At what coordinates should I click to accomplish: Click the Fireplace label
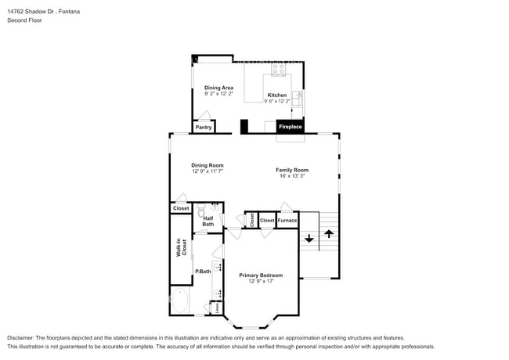pyautogui.click(x=290, y=126)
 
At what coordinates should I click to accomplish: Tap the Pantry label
pyautogui.click(x=203, y=127)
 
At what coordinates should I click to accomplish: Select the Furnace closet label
pyautogui.click(x=287, y=221)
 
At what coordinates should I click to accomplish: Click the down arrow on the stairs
pyautogui.click(x=309, y=237)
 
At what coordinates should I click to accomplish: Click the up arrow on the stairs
pyautogui.click(x=328, y=233)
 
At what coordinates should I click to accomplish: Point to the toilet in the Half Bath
pyautogui.click(x=201, y=212)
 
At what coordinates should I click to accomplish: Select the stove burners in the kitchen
pyautogui.click(x=278, y=70)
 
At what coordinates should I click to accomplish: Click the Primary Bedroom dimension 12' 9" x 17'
pyautogui.click(x=261, y=281)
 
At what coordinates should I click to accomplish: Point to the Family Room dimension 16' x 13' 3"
pyautogui.click(x=292, y=176)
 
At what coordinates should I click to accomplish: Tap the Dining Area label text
pyautogui.click(x=218, y=88)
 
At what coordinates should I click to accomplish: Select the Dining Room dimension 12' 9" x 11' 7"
pyautogui.click(x=208, y=171)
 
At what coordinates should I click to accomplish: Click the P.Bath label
pyautogui.click(x=203, y=271)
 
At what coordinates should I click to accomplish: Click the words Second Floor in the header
pyautogui.click(x=24, y=20)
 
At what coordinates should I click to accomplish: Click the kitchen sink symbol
pyautogui.click(x=297, y=99)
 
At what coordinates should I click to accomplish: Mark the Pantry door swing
pyautogui.click(x=203, y=115)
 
